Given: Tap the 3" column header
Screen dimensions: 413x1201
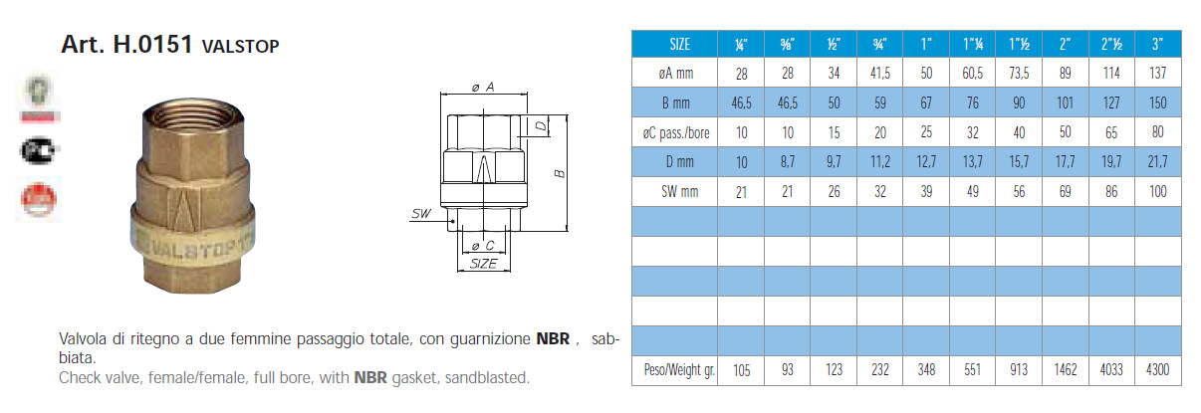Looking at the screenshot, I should click(x=1156, y=44).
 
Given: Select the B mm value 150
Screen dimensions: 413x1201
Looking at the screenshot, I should click(x=1156, y=103).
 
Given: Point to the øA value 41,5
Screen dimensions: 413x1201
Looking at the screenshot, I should click(x=880, y=73).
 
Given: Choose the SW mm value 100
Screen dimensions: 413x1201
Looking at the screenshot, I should click(x=1156, y=192).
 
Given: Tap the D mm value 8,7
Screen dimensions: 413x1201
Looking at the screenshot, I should click(x=788, y=162).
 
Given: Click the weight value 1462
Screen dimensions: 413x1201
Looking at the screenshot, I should click(x=1065, y=371).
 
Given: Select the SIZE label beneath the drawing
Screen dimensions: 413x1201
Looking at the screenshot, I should click(x=484, y=264).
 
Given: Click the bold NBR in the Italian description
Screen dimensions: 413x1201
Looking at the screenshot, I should click(x=553, y=339).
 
